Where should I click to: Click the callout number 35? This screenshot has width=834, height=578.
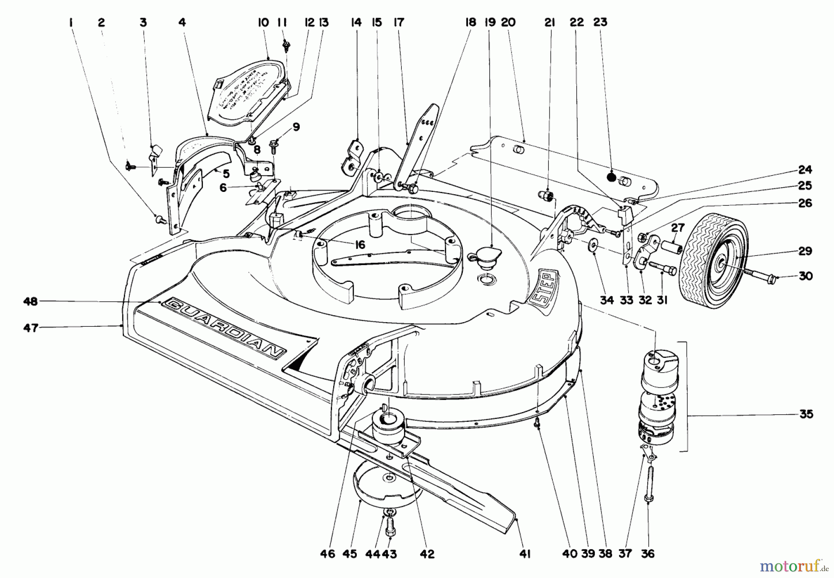(x=806, y=414)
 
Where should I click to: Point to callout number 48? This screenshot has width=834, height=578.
(x=31, y=302)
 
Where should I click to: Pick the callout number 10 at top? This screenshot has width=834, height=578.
(x=263, y=22)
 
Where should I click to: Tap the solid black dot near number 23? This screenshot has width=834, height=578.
(x=612, y=177)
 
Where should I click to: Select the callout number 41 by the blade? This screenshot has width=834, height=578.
(x=525, y=553)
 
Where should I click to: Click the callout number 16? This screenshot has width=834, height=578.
(x=360, y=245)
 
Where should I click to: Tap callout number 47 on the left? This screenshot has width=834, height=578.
(x=31, y=328)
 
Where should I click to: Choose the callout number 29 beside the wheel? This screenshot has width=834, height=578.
(x=805, y=251)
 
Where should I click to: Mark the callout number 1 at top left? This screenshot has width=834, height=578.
(x=71, y=22)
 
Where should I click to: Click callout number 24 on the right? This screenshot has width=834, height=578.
(x=805, y=169)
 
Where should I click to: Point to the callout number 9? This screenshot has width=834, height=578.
(x=296, y=127)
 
